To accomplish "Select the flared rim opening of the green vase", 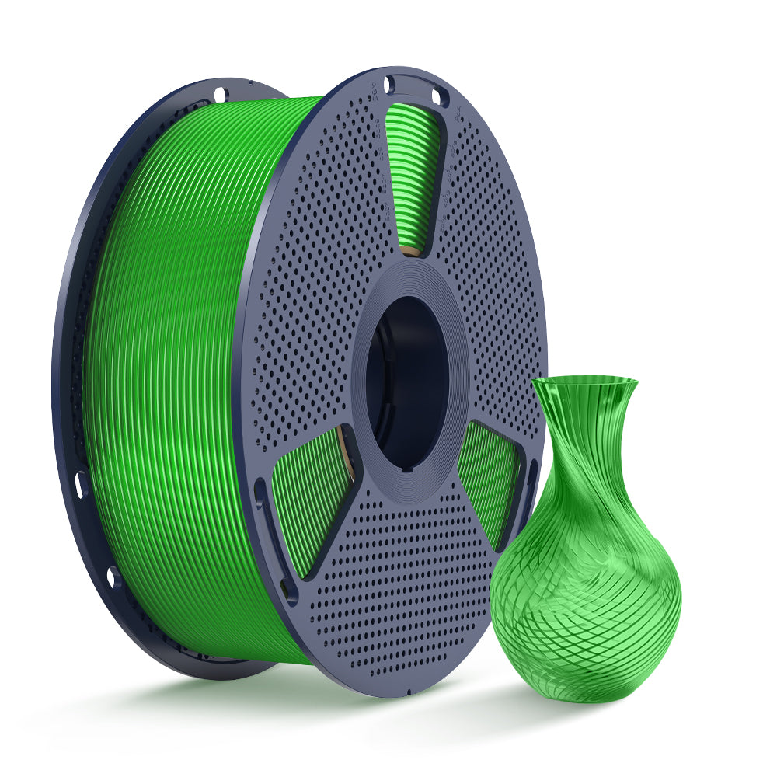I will click(x=584, y=382).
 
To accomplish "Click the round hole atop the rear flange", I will click(x=220, y=94).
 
